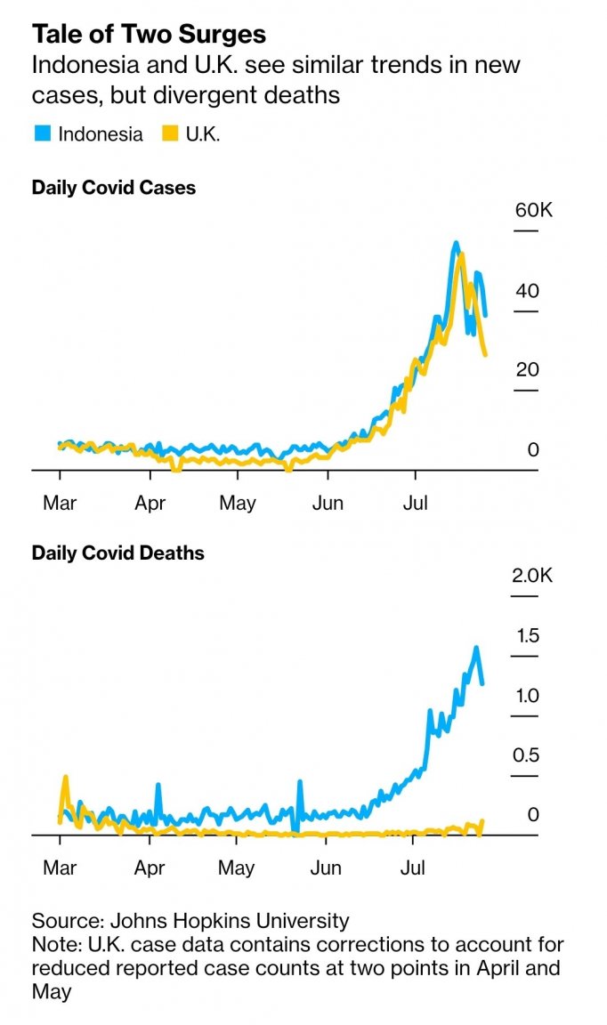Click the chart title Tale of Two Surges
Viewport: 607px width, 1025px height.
coord(149,34)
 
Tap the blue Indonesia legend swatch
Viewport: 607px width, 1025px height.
coord(41,134)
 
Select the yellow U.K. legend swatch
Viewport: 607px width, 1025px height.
coord(168,134)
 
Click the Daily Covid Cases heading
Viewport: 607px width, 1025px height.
coord(114,189)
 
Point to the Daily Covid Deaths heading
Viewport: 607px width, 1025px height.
coord(117,553)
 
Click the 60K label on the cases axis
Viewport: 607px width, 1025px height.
coord(533,211)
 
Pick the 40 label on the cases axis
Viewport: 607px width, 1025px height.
coord(527,291)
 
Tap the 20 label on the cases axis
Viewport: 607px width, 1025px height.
coord(527,369)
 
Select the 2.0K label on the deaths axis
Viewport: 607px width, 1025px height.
coord(531,576)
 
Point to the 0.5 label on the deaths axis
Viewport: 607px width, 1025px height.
coord(526,755)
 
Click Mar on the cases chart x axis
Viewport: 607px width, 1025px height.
coord(60,504)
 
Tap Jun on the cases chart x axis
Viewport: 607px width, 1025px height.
coord(328,504)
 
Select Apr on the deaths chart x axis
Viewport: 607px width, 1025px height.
coord(150,868)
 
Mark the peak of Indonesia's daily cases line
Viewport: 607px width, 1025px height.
coord(456,243)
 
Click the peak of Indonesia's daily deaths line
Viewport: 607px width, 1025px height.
coord(476,648)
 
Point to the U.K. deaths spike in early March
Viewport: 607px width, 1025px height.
coord(65,778)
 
